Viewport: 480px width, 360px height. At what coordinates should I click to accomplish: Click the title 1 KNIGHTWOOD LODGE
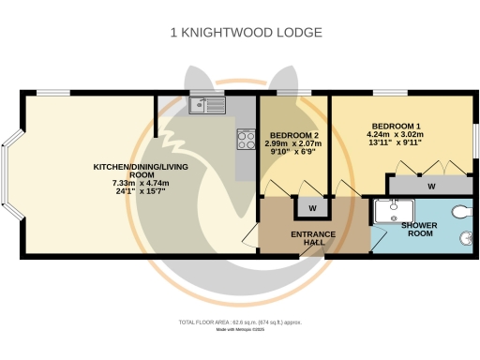click(246, 33)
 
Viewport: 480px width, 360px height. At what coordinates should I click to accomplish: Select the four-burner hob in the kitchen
click(247, 141)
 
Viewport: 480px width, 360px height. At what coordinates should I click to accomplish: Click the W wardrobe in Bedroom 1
click(430, 187)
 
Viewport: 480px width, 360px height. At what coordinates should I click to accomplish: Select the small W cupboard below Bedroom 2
click(310, 207)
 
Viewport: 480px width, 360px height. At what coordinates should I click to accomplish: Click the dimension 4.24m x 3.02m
click(396, 135)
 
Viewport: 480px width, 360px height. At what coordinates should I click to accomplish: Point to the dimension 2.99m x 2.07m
click(292, 144)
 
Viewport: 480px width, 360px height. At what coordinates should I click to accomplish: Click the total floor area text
click(240, 322)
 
